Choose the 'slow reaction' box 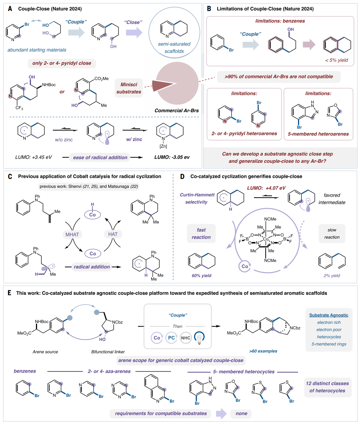tap(332, 233)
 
